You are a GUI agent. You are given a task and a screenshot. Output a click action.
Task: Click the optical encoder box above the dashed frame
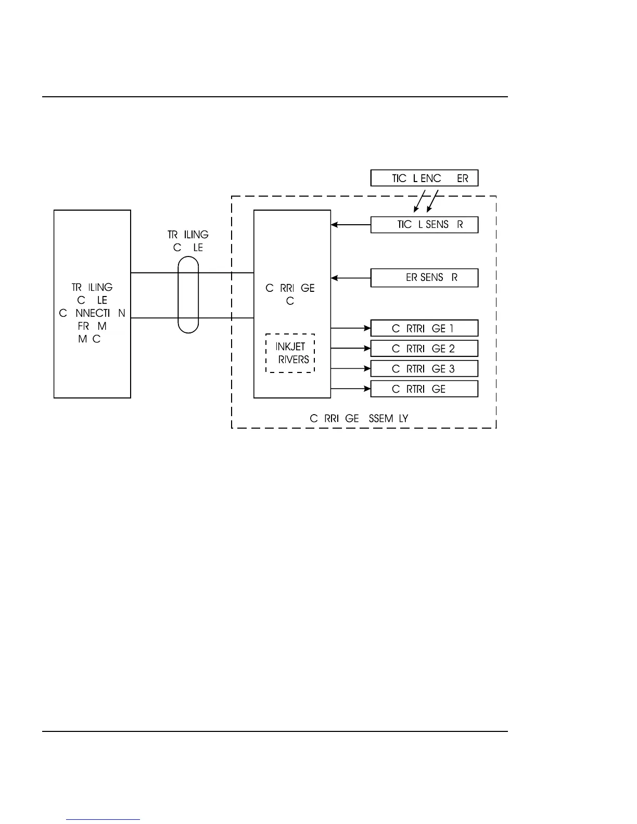coord(424,178)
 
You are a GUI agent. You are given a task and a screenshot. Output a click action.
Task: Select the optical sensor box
coord(424,225)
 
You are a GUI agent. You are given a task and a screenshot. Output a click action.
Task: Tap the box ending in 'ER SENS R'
coord(424,278)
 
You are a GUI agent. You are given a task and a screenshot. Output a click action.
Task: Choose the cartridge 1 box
coord(424,328)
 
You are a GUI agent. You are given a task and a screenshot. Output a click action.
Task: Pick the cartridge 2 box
coord(424,349)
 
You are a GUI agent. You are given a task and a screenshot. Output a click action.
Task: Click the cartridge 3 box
coord(424,369)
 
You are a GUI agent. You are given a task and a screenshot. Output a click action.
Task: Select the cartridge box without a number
coord(424,389)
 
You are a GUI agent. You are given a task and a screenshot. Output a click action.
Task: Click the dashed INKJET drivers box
coord(290,353)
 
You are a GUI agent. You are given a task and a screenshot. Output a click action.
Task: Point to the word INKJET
coord(290,346)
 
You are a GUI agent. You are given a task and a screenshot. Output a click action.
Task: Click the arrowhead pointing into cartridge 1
coord(367,328)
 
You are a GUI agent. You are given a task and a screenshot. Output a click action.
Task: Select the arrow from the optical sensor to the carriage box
coord(351,225)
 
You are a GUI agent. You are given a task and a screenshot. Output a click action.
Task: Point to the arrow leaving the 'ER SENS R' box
coord(351,278)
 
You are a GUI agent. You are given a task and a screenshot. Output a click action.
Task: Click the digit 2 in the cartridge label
coord(452,349)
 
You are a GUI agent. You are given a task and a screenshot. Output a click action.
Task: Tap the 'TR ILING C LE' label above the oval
coord(188,241)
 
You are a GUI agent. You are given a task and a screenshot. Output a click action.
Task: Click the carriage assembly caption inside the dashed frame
coord(359,418)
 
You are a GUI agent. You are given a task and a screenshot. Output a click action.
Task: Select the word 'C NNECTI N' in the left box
coord(92,313)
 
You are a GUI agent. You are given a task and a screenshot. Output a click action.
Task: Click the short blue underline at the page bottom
coord(103,819)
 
